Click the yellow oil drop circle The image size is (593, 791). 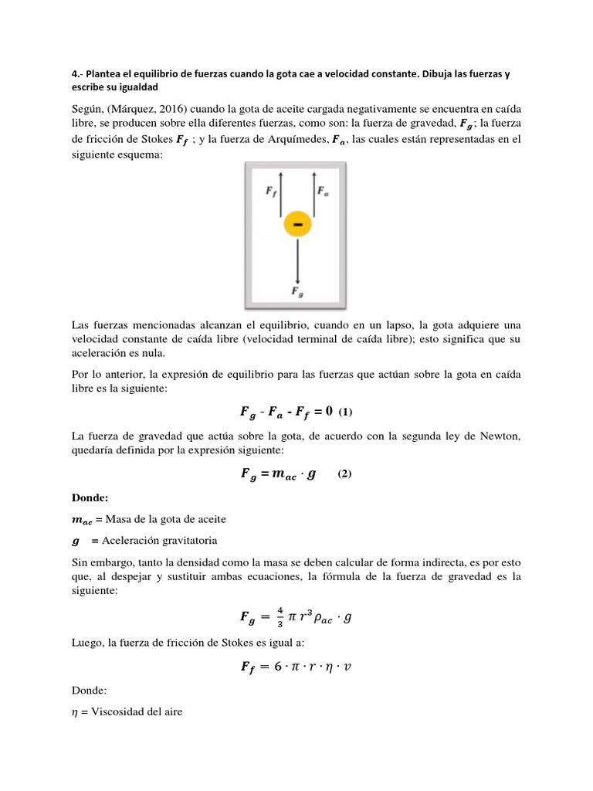pyautogui.click(x=297, y=224)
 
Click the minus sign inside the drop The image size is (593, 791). pyautogui.click(x=297, y=224)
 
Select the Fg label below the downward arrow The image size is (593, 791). pyautogui.click(x=296, y=291)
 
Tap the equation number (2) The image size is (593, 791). pyautogui.click(x=344, y=474)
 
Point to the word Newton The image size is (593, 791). pyautogui.click(x=499, y=436)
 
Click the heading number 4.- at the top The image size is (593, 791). pyautogui.click(x=76, y=74)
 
